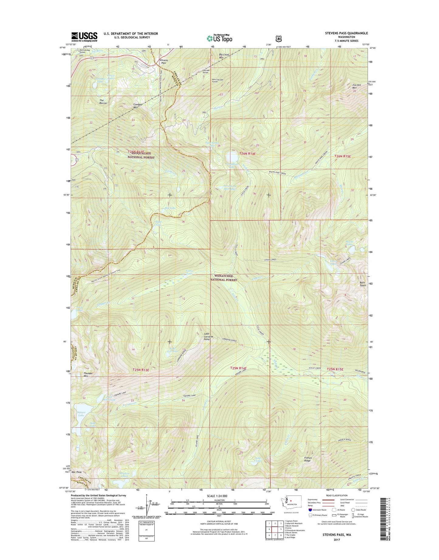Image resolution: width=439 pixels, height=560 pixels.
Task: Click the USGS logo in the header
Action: click(84, 36)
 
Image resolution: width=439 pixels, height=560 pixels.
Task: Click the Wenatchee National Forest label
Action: click(224, 278)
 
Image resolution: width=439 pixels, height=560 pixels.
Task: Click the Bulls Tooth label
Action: click(363, 284)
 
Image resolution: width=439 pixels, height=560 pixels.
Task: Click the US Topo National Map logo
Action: click(219, 38)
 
